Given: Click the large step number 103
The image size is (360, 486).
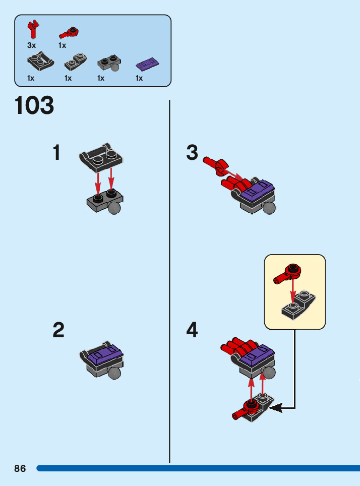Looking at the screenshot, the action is coord(34,106).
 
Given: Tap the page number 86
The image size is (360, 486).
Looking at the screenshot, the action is coord(20,468).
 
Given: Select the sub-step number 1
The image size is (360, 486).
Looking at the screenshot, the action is coord(57,153).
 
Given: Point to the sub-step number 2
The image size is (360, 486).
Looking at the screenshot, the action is coord(58,331).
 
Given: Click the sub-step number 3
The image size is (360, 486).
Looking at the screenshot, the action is coord(192,153).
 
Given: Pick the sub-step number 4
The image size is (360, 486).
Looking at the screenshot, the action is coord(192,331).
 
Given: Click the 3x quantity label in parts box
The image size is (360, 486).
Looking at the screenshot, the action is coord(32,45).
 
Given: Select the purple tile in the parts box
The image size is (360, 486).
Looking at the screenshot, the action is coord(148,64).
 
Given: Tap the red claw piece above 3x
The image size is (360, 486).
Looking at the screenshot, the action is coord(34,29).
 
